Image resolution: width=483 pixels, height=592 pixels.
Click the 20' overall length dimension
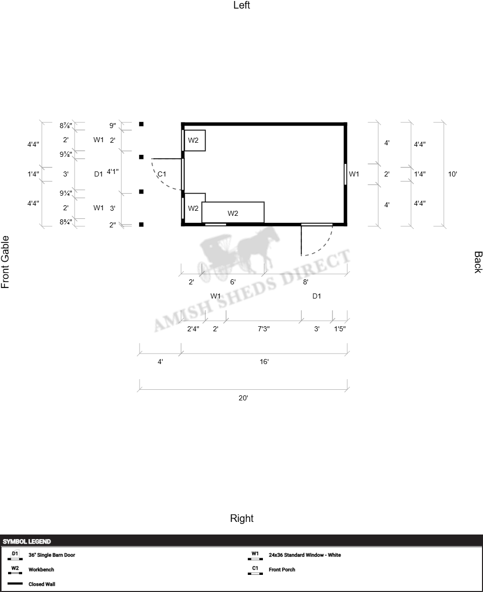[x=243, y=398]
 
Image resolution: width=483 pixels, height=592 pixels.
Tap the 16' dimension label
[x=264, y=362]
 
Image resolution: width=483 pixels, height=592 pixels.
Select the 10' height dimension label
[x=452, y=174]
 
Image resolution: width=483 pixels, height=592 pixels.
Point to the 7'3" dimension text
[x=263, y=329]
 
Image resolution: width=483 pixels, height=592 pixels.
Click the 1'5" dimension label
[x=340, y=329]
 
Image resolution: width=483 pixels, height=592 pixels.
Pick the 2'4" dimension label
[x=193, y=329]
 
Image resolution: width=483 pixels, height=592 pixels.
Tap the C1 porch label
[x=162, y=174]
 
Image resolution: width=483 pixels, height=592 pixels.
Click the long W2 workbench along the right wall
[x=233, y=213]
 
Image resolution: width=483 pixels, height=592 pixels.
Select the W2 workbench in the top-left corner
[x=195, y=141]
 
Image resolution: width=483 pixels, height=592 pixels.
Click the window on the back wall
[x=346, y=174]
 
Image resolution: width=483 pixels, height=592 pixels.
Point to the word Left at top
[x=242, y=5]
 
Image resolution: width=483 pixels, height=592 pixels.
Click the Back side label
[x=478, y=262]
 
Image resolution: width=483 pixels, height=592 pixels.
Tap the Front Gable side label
[x=5, y=262]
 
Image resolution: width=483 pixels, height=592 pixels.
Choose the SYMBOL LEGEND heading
[x=27, y=542]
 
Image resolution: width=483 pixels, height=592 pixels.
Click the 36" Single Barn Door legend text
[x=52, y=555]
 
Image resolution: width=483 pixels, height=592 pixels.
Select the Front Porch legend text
[x=282, y=570]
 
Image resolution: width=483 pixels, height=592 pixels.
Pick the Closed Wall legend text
[x=42, y=584]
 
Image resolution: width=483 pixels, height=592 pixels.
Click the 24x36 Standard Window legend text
[x=305, y=555]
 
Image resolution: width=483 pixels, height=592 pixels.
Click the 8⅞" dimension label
[x=65, y=126]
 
